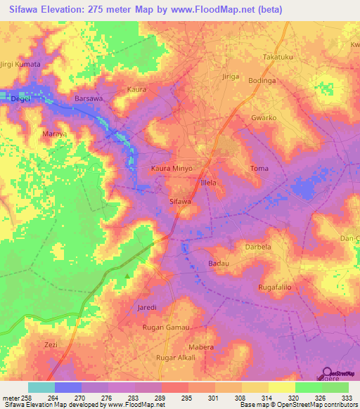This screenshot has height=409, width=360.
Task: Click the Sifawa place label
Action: (x=181, y=202)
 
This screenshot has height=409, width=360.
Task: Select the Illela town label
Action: (x=211, y=182)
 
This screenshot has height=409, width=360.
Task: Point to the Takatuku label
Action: (x=276, y=56)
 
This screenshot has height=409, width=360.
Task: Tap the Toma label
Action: (x=259, y=169)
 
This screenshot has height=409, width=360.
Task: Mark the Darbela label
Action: (x=258, y=247)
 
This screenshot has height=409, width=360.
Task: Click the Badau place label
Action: (x=219, y=263)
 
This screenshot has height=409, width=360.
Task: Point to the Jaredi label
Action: (x=147, y=309)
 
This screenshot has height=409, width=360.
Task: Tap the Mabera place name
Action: (x=201, y=348)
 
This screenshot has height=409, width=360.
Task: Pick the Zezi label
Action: (x=51, y=345)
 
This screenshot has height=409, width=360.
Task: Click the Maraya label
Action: (x=35, y=134)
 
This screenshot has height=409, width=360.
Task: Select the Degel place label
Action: (x=20, y=99)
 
